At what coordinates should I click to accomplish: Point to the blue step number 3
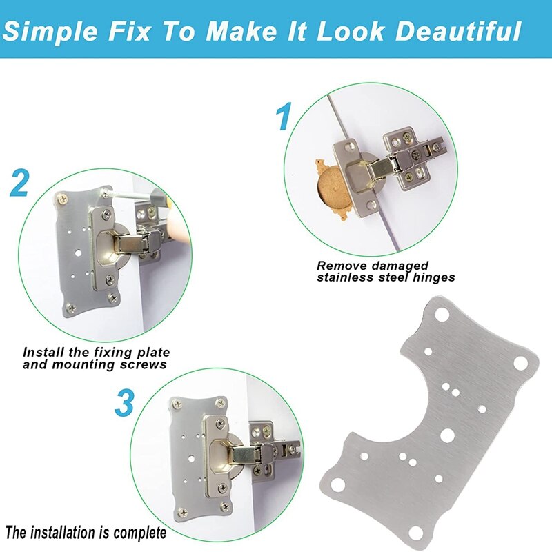click(x=124, y=403)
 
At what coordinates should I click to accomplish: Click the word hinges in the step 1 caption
click(x=433, y=277)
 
